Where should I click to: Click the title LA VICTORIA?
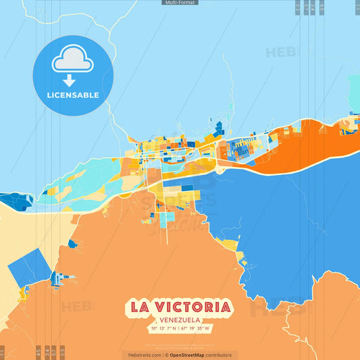179,306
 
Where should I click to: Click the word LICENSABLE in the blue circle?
73,95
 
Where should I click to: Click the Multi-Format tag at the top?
180,3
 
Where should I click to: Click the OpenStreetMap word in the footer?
188,355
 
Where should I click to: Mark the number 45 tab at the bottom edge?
38,352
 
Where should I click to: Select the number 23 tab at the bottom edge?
63,352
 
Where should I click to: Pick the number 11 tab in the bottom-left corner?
2,352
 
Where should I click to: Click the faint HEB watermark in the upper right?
277,53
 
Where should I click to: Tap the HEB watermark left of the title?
78,307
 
